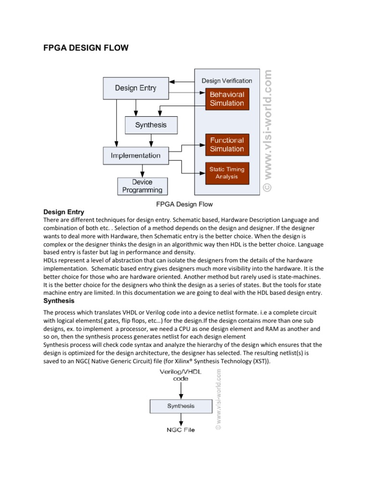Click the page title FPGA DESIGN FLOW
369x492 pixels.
coord(86,48)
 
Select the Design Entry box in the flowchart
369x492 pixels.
coord(135,88)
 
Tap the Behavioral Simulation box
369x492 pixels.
coord(227,99)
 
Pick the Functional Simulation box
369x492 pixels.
coord(227,145)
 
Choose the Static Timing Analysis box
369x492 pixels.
coord(227,173)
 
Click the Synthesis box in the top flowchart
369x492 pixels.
coord(151,125)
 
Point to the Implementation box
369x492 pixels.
coord(135,156)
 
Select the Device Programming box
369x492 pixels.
coord(142,186)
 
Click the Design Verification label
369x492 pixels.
coord(227,81)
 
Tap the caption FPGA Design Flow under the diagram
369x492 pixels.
coord(184,204)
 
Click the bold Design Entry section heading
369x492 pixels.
coord(64,212)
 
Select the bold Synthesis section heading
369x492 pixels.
coord(59,301)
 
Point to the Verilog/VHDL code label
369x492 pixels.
coord(181,375)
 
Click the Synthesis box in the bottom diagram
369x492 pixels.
coord(181,406)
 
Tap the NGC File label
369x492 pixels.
coord(181,430)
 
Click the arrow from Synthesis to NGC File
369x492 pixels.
coord(181,419)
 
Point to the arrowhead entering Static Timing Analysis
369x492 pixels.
coord(203,173)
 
